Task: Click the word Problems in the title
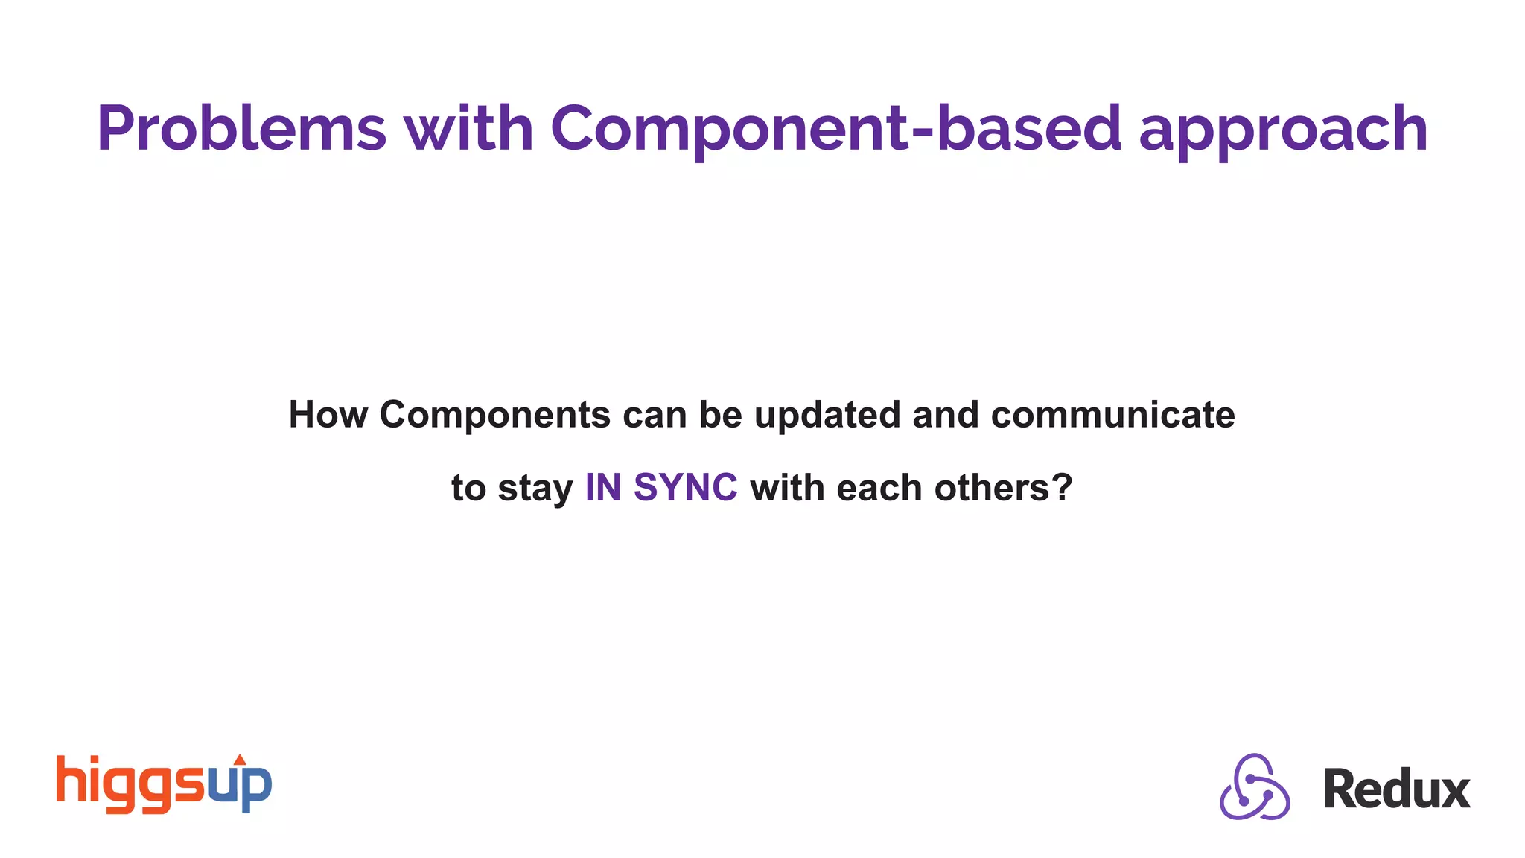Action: click(241, 128)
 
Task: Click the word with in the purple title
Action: click(469, 128)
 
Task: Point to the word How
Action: click(328, 415)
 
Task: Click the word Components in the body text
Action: click(495, 415)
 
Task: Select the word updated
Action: click(827, 415)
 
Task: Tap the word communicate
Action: click(1112, 415)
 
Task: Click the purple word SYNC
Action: click(685, 488)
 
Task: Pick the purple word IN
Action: click(603, 488)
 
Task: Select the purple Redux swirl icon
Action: click(1255, 786)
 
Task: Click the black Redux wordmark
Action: click(1396, 789)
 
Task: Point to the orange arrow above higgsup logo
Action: click(240, 759)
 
